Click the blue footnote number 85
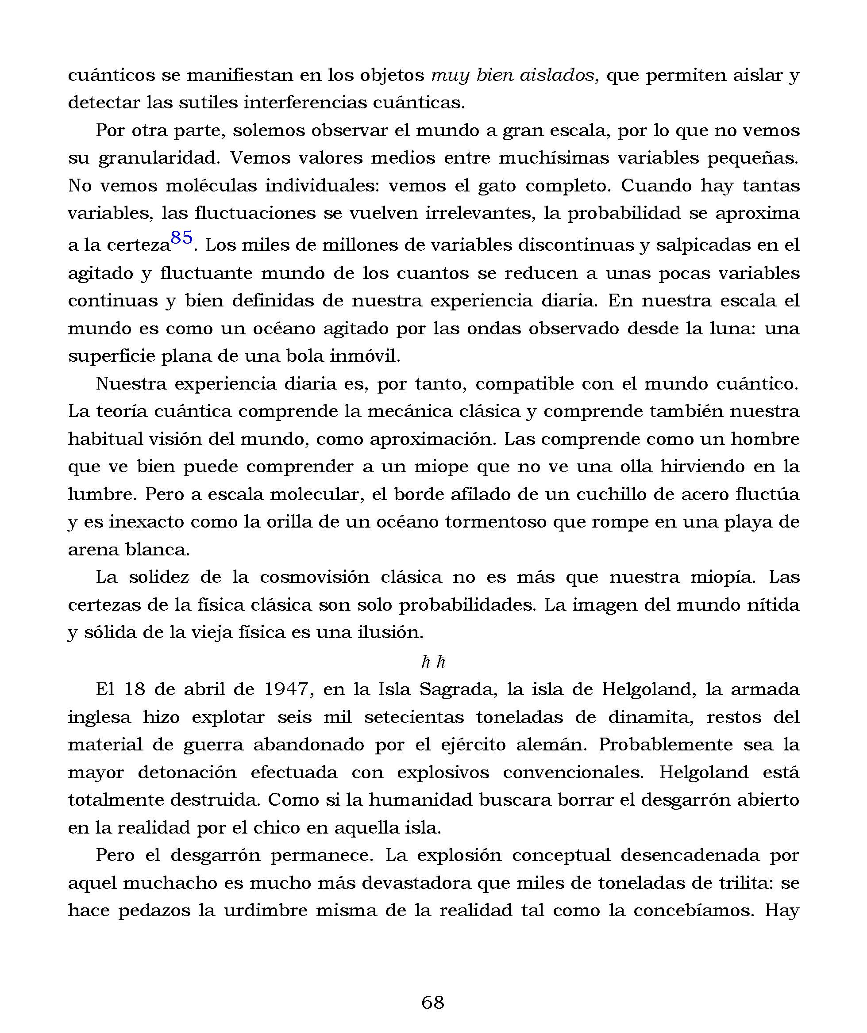click(181, 238)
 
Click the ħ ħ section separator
click(433, 662)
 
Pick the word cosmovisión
click(315, 577)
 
